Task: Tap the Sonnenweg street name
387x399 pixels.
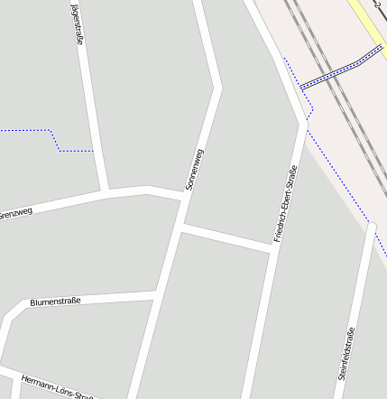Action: [x=194, y=168]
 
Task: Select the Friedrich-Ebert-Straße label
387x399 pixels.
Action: [x=285, y=205]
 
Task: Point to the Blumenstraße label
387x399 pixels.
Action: [x=56, y=301]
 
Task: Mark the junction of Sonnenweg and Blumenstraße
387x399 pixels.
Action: [x=159, y=293]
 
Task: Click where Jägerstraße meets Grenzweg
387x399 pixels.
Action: [x=106, y=191]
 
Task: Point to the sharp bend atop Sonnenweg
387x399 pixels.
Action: [x=217, y=88]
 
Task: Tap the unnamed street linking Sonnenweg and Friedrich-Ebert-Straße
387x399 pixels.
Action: [x=226, y=239]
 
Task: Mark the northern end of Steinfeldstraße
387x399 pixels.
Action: [x=371, y=225]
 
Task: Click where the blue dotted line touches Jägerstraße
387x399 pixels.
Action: [x=93, y=150]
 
